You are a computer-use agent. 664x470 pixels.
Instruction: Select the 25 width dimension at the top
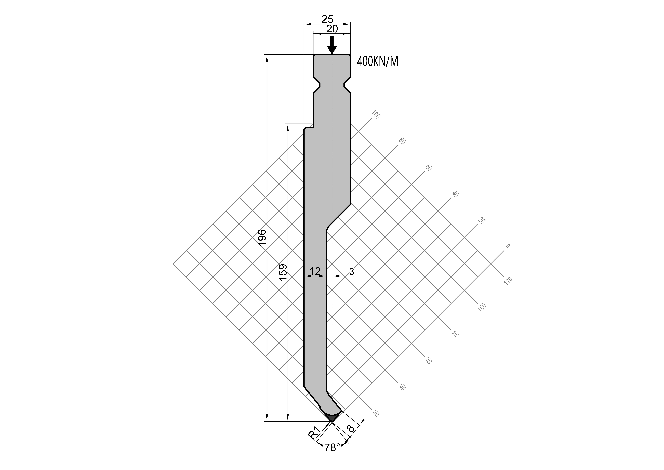327,19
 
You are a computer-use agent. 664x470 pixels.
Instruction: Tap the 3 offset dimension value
351,271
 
